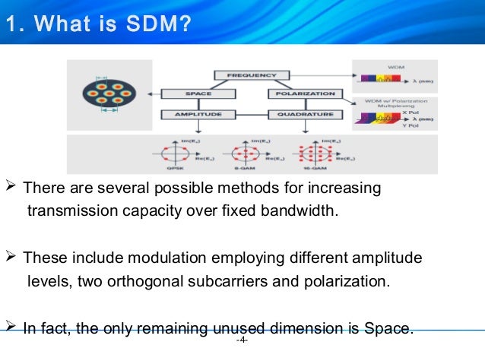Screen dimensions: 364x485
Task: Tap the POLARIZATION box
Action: (x=302, y=94)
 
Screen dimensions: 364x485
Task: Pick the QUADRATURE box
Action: (x=302, y=115)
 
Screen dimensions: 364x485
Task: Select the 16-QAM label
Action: (x=313, y=168)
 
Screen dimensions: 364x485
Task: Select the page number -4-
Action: (x=242, y=340)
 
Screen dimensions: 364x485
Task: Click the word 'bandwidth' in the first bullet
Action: (x=300, y=210)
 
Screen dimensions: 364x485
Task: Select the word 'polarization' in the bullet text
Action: (x=351, y=281)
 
